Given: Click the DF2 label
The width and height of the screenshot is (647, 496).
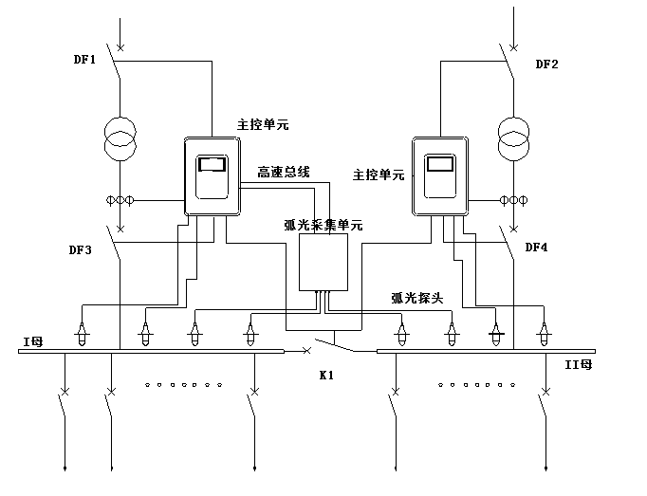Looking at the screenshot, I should click(x=546, y=65).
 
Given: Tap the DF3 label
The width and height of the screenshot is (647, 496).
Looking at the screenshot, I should click(x=82, y=250).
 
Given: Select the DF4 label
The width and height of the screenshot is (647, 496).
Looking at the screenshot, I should click(x=537, y=248).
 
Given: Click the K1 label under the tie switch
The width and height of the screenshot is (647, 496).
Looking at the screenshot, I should click(x=328, y=377).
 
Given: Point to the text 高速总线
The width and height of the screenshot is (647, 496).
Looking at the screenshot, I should click(x=283, y=173).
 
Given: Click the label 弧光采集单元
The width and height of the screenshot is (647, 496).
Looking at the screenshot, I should click(x=323, y=225).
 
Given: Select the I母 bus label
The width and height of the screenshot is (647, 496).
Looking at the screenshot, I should click(x=33, y=340).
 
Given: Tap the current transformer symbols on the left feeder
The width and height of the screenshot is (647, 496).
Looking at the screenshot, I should click(x=120, y=200).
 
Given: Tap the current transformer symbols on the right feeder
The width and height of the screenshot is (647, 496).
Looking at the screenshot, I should click(x=513, y=200).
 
